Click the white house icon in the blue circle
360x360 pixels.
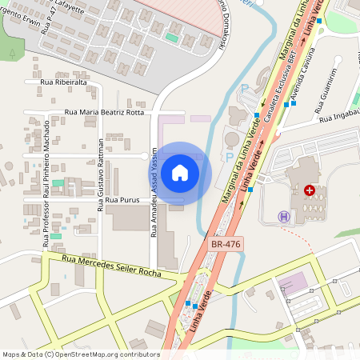[180, 173]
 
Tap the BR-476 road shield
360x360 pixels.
[226, 243]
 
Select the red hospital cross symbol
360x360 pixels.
[310, 190]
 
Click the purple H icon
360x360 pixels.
[283, 216]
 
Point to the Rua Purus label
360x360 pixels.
[122, 199]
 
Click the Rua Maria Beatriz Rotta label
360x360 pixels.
[104, 113]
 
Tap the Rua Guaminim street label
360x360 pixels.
[324, 87]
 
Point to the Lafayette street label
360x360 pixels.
[68, 6]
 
